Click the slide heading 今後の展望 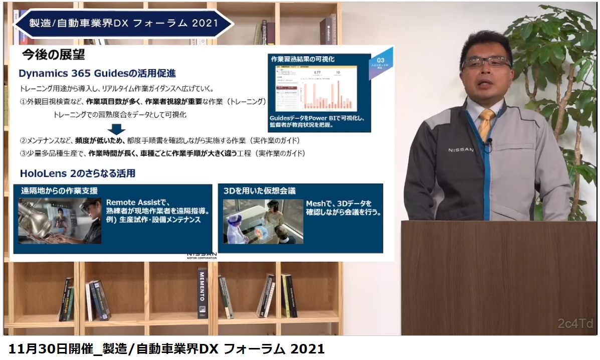(x=54, y=54)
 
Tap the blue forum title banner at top (x=124, y=23)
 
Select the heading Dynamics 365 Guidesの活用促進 (x=97, y=73)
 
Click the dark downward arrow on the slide (x=117, y=127)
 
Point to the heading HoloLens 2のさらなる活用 (x=77, y=173)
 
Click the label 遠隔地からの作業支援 (x=59, y=191)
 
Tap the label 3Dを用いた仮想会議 (x=260, y=191)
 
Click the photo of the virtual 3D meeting (x=263, y=222)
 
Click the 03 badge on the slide (x=380, y=61)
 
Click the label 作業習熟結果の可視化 (x=303, y=59)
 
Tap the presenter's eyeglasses (x=486, y=62)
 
